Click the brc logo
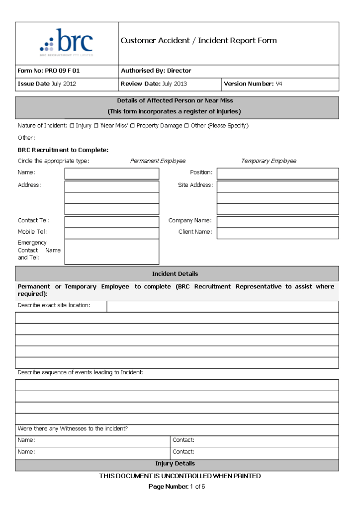(66, 43)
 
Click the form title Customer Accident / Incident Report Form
(198, 41)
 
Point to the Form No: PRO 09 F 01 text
(49, 71)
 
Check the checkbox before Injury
(72, 126)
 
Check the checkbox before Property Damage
(132, 126)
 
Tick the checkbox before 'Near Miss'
(96, 126)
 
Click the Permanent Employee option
(158, 161)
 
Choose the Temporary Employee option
(269, 161)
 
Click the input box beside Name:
(112, 173)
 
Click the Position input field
(277, 173)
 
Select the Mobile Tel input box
(112, 233)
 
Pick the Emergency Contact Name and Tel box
(112, 252)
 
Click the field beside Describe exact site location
(222, 306)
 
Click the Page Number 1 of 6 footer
(177, 487)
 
